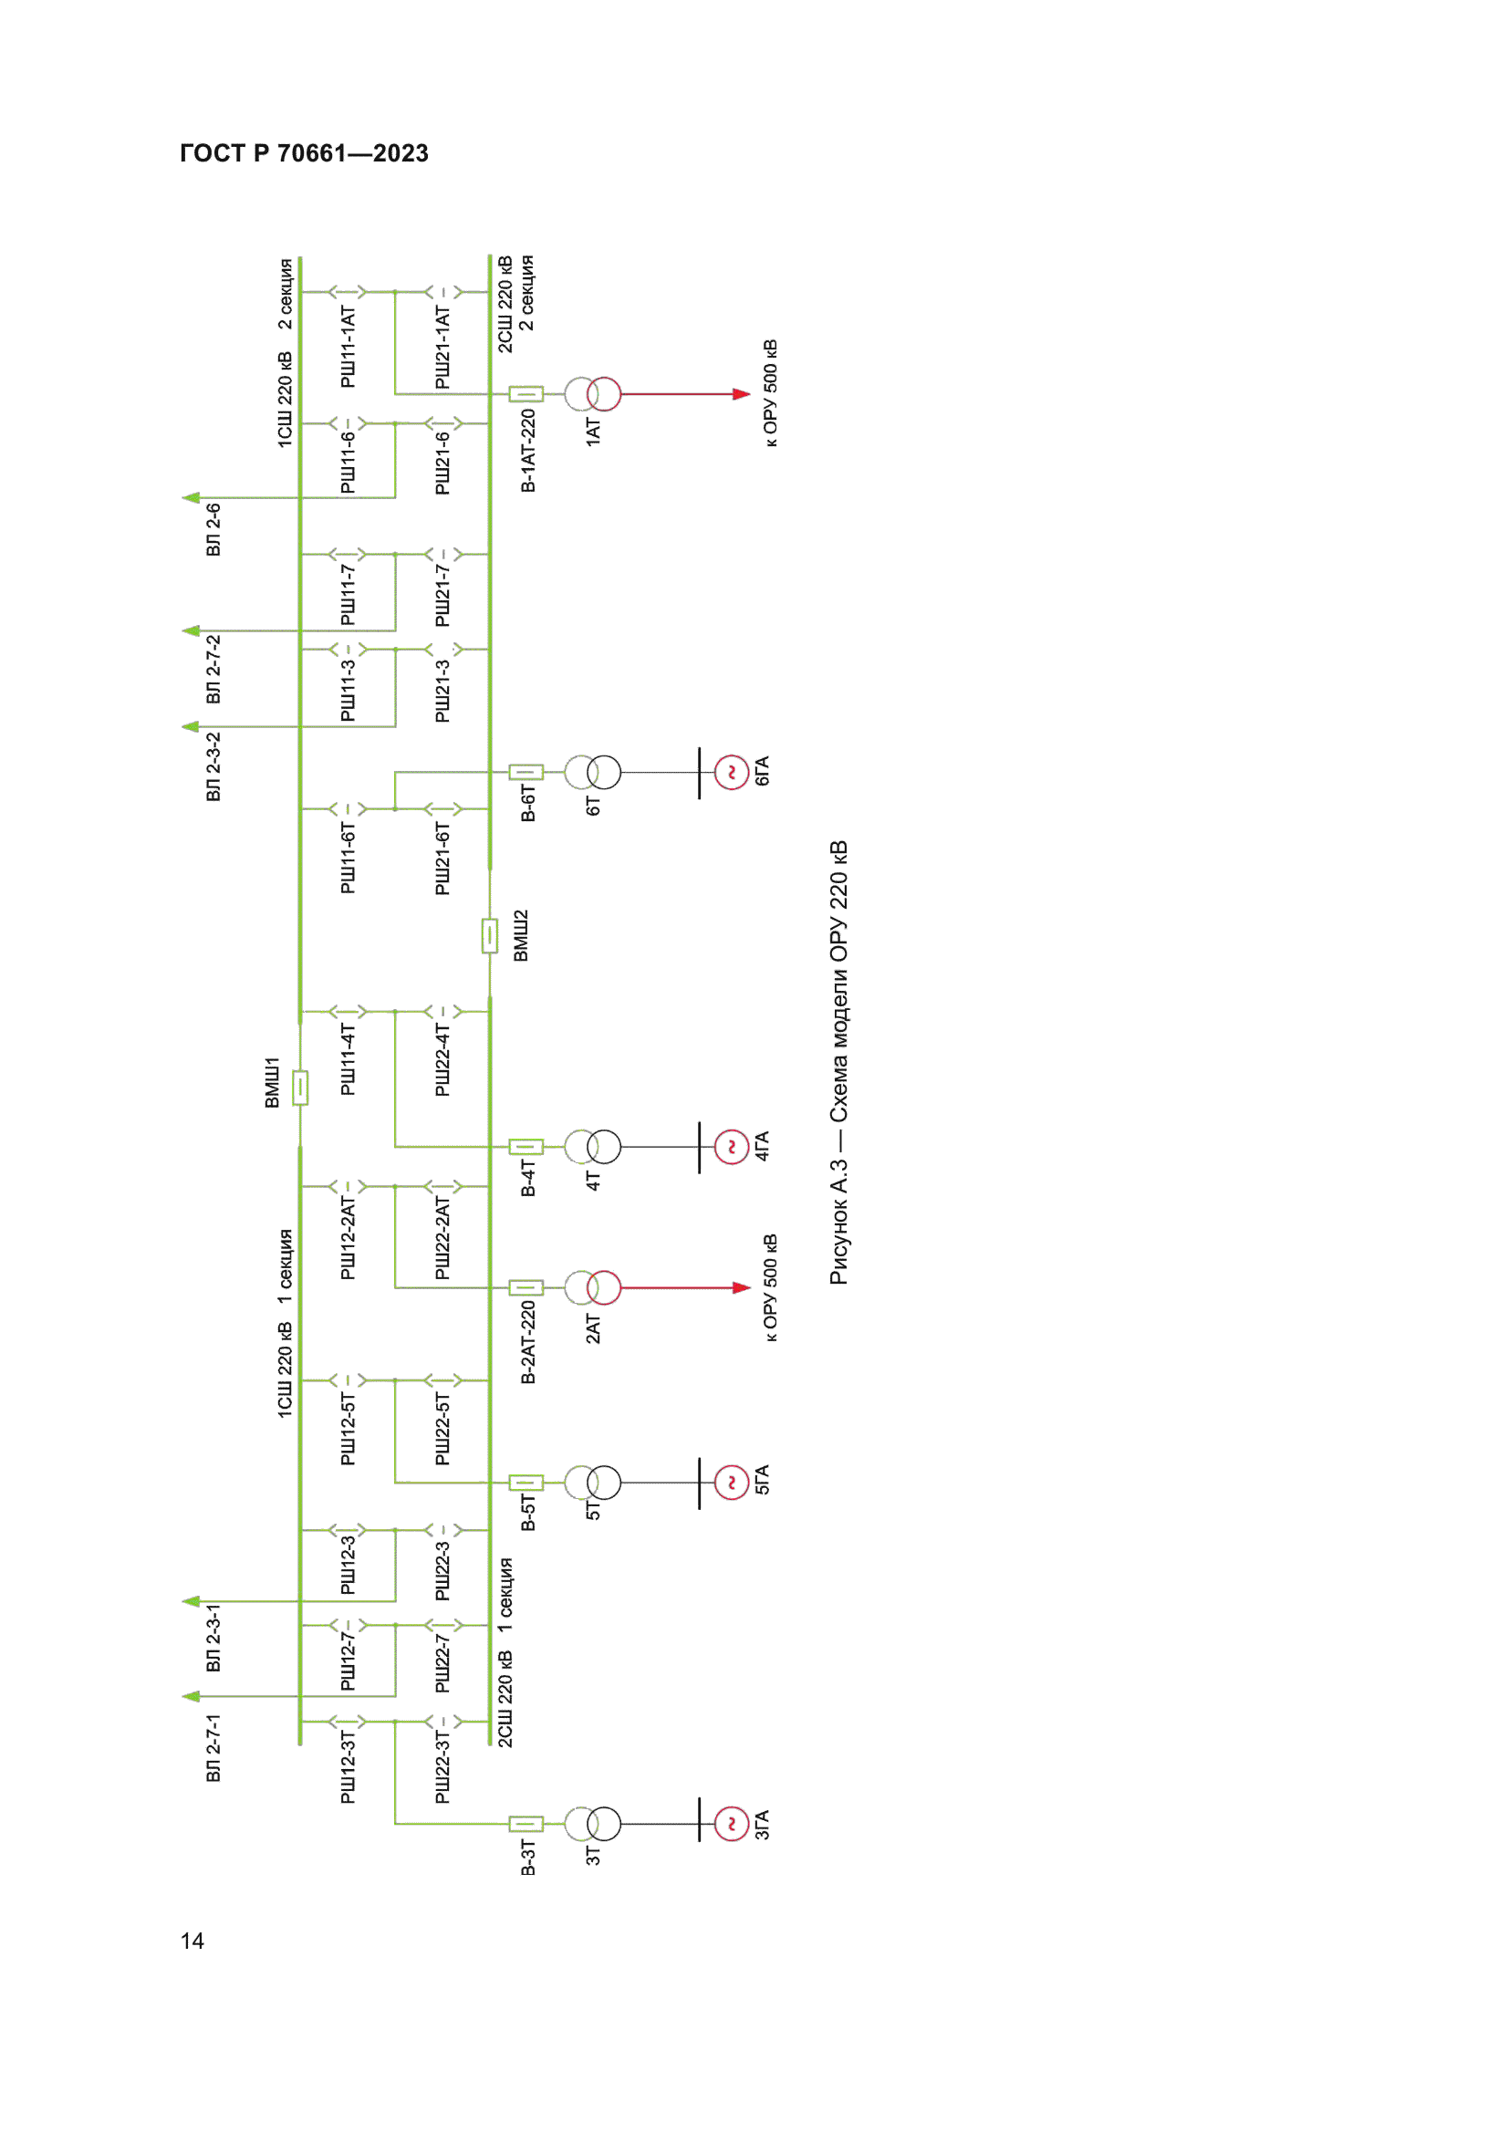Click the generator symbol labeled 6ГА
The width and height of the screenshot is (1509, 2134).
732,773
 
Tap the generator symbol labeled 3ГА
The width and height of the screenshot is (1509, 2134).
732,1824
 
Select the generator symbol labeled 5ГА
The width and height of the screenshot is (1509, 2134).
732,1483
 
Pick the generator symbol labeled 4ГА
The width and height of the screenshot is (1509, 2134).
732,1147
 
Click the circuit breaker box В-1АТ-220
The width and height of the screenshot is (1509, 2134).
526,394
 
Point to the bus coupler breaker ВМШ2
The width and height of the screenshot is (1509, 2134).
490,936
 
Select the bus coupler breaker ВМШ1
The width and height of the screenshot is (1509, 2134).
300,1088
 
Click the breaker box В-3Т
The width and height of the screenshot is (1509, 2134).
526,1824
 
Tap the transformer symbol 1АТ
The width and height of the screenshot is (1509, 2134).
593,394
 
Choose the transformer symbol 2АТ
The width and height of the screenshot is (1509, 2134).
593,1287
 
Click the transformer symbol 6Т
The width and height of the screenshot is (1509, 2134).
593,773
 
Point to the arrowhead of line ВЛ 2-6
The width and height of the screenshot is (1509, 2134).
191,498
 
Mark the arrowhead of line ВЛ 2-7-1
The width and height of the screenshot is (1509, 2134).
191,1696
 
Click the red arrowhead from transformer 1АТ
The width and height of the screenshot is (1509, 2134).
742,394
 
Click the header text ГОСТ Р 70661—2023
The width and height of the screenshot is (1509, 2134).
304,153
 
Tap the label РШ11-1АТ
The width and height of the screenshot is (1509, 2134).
348,347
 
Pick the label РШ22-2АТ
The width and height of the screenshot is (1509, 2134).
442,1239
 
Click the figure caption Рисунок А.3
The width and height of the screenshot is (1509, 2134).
839,1223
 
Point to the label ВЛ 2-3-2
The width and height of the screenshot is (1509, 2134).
213,766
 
